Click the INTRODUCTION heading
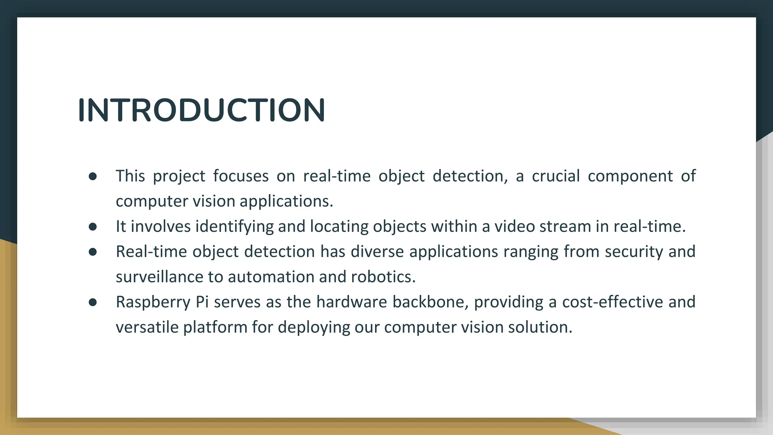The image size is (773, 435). tap(201, 110)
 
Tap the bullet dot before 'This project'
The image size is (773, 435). tap(92, 176)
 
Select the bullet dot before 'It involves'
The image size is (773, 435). tap(92, 227)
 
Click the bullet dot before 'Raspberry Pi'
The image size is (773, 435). tap(92, 302)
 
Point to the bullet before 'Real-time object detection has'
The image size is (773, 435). tap(92, 252)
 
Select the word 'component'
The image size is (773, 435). tap(630, 176)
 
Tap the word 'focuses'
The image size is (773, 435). tap(240, 176)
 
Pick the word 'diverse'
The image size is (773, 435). tap(377, 251)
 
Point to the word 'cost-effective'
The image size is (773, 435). tap(612, 302)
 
